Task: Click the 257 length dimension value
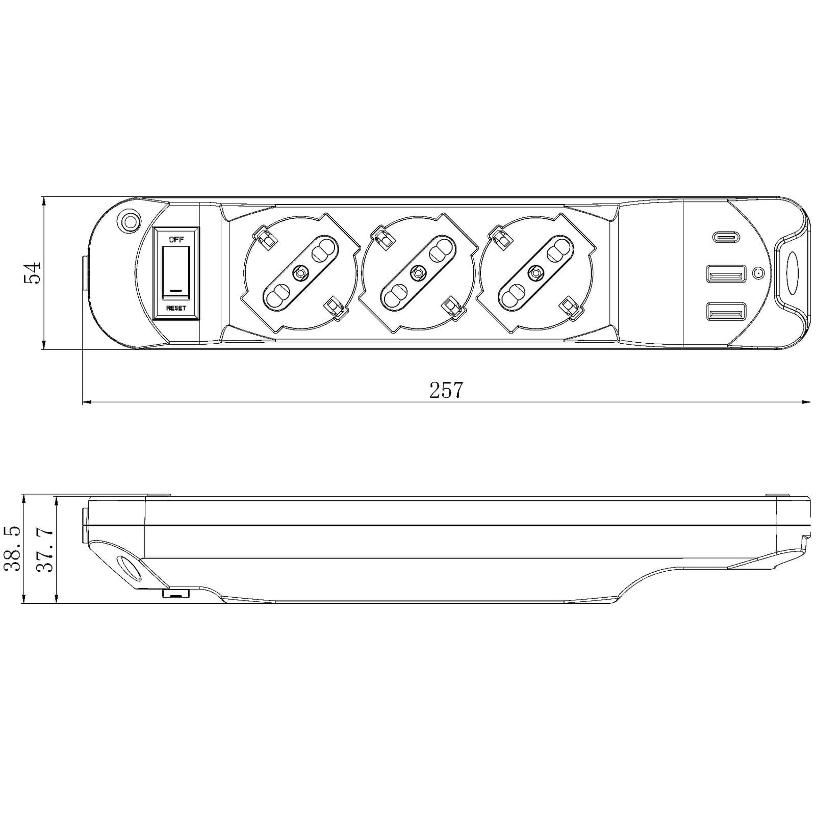coord(446,390)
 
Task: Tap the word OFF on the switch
coord(176,239)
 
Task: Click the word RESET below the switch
coord(176,309)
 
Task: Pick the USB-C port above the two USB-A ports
coord(726,237)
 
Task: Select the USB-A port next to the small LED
coord(726,274)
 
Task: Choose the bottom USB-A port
coord(726,312)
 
